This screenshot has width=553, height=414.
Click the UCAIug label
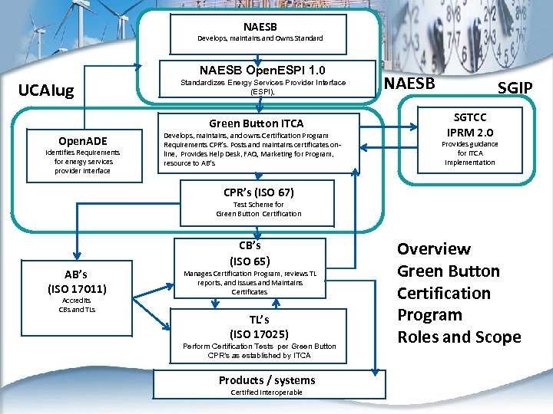(x=46, y=91)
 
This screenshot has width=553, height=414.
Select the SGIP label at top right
(x=515, y=87)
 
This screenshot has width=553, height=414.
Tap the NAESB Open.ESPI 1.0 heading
(x=262, y=69)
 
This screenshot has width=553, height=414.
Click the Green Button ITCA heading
(x=256, y=123)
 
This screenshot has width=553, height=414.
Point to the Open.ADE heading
(x=83, y=140)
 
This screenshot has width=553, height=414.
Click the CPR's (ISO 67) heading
(x=258, y=192)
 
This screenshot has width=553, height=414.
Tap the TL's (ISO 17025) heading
(x=259, y=326)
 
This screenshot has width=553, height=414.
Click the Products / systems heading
(x=267, y=380)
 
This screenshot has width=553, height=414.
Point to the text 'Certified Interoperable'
(x=267, y=393)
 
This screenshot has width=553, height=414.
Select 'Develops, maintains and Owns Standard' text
(x=260, y=38)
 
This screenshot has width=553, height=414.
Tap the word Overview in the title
(x=433, y=249)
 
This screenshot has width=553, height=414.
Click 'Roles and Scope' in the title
(x=459, y=337)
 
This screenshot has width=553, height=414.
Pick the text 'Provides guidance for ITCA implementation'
(x=469, y=153)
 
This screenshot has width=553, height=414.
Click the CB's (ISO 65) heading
(x=250, y=253)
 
